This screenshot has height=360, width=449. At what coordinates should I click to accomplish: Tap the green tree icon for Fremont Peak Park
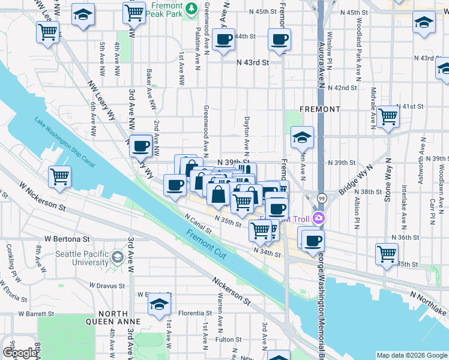(191, 8)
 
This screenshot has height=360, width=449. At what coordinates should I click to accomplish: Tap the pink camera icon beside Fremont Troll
(318, 219)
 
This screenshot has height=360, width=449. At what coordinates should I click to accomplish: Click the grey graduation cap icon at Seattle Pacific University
(118, 259)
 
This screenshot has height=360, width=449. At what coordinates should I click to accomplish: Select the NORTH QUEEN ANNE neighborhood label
(113, 317)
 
